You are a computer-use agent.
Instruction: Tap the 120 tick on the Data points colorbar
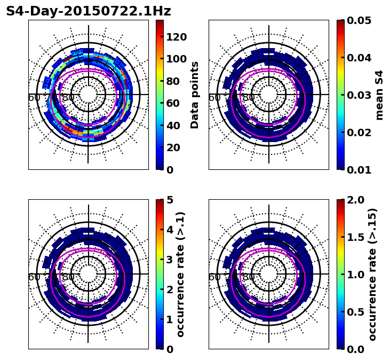[x=176, y=37]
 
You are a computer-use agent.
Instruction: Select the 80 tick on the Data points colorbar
[x=173, y=81]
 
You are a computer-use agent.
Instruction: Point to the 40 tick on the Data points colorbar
[x=173, y=126]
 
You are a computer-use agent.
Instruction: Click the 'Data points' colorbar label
[x=195, y=95]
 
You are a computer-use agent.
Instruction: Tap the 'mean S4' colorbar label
[x=379, y=95]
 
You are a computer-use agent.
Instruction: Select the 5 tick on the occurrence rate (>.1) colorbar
[x=170, y=200]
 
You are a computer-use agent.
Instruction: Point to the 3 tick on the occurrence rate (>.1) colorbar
[x=170, y=260]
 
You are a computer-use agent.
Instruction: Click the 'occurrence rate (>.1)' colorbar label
[x=181, y=275]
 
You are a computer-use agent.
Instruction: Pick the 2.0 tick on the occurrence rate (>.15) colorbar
[x=355, y=200]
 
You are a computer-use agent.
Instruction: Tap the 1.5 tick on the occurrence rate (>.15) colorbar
[x=355, y=237]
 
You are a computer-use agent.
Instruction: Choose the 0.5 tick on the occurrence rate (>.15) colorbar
[x=355, y=312]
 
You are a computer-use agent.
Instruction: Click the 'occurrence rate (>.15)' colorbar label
[x=372, y=275]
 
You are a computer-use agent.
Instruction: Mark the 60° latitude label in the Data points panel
[x=34, y=98]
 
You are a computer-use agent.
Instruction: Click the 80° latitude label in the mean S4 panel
[x=248, y=98]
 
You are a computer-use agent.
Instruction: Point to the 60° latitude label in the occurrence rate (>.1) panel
[x=34, y=277]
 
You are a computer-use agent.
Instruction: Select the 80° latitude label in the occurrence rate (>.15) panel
[x=248, y=277]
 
